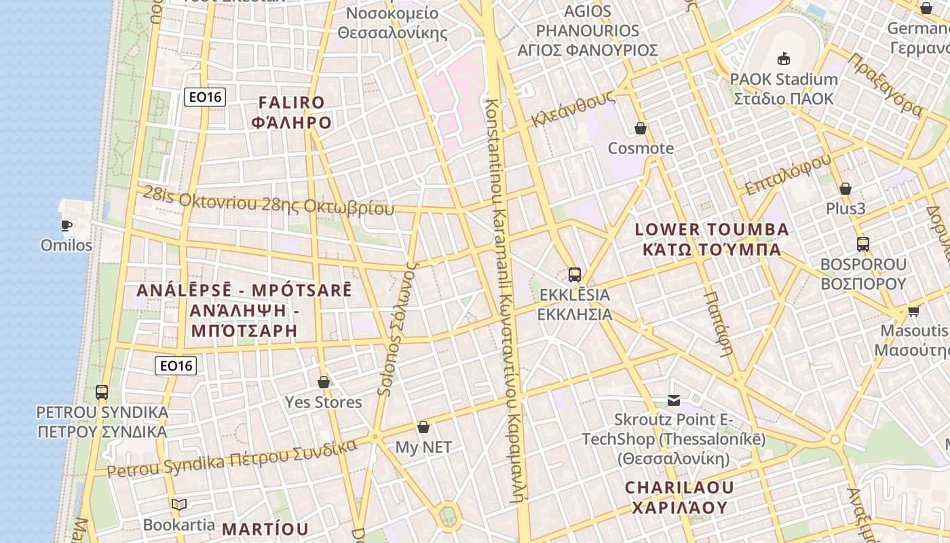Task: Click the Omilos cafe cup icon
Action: click(66, 225)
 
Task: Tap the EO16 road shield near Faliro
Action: click(204, 97)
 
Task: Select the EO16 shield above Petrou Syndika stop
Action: click(176, 366)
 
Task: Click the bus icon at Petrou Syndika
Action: click(102, 392)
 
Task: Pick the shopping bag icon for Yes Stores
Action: click(324, 382)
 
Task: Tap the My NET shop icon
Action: click(423, 427)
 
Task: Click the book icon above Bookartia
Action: click(179, 504)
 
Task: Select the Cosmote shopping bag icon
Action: click(641, 128)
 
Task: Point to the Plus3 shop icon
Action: click(845, 188)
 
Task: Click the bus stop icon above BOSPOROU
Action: click(863, 244)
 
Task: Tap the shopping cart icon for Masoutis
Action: click(913, 311)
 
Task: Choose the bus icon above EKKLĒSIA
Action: click(575, 274)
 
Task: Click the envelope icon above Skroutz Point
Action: click(674, 400)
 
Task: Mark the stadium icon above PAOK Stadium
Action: click(784, 58)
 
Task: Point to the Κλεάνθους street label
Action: click(573, 109)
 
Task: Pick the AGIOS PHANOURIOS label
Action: click(588, 31)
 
